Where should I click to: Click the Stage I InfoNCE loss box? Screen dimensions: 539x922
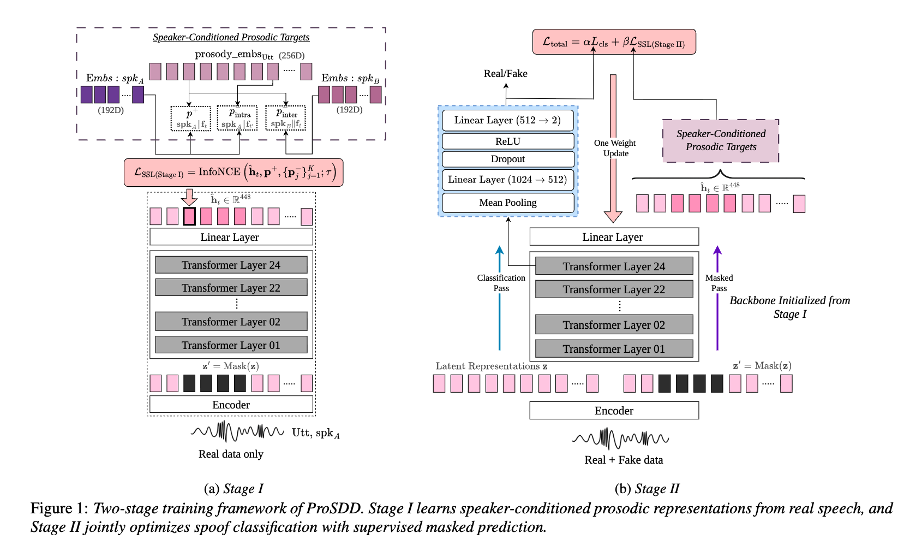[234, 173]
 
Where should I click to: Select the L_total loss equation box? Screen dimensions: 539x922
[614, 42]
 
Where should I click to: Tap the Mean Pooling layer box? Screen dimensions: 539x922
[508, 203]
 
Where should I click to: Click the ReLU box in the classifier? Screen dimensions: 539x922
[508, 141]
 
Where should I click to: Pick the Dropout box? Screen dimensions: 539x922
[508, 159]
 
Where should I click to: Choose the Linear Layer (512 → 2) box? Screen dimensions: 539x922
[508, 120]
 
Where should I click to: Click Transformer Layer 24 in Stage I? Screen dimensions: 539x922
[231, 265]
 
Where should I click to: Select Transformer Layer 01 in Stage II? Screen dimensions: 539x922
[614, 349]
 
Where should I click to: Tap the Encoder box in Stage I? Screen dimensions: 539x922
[231, 405]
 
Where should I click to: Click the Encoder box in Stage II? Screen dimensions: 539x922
[614, 411]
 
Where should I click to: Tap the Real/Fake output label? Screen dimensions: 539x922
[505, 74]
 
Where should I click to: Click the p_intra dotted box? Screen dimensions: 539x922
[237, 118]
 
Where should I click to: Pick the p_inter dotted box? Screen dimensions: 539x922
[285, 118]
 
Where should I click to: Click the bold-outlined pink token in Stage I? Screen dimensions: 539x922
[189, 216]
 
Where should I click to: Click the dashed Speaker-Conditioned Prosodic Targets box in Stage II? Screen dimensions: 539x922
[721, 140]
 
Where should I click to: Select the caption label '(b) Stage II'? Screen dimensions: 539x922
[646, 488]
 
